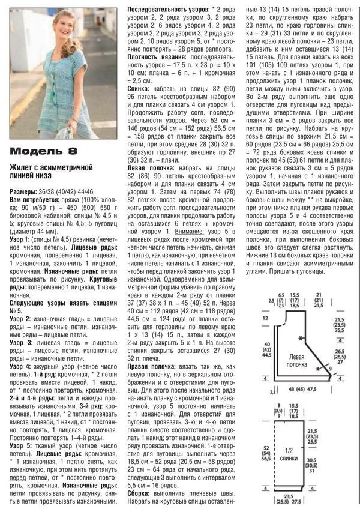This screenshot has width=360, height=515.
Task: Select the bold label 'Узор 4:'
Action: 21,365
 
